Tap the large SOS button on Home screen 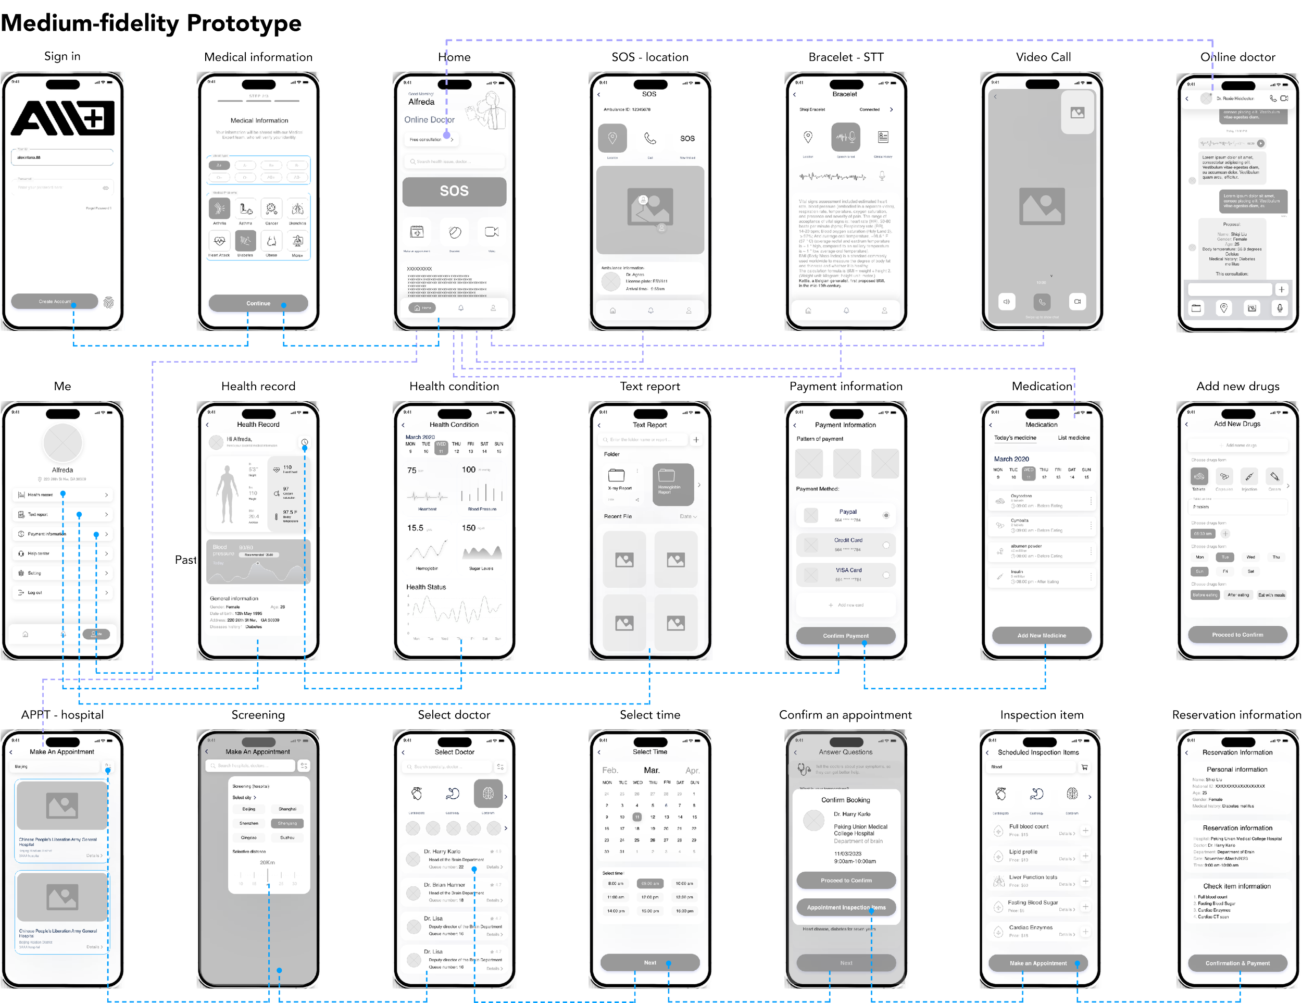[x=454, y=191]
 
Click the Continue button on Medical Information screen [x=258, y=303]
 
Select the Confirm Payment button [x=845, y=636]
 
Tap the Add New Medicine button [x=1042, y=635]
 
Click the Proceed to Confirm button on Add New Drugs [x=1237, y=635]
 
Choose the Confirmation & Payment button [x=1237, y=963]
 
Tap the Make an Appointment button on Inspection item [x=1038, y=963]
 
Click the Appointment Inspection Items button [x=845, y=907]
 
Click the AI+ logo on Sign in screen [x=62, y=118]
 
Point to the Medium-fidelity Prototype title [x=152, y=24]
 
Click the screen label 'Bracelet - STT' [x=845, y=57]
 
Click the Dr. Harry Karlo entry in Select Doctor [x=454, y=859]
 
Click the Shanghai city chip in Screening [x=287, y=809]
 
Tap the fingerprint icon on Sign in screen [x=108, y=302]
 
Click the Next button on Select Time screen [x=650, y=962]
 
